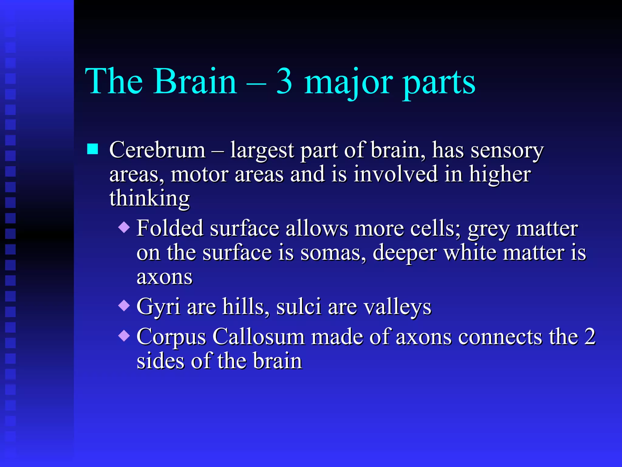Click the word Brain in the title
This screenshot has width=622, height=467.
[x=195, y=81]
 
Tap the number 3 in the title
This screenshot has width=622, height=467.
[x=284, y=81]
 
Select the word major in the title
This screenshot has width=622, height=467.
[x=348, y=83]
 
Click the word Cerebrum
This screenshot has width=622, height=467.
[x=157, y=150]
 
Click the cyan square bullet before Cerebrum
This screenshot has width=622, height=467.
[x=93, y=149]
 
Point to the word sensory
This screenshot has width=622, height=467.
[x=507, y=151]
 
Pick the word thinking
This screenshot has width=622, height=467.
[x=149, y=199]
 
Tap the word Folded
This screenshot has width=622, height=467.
[x=169, y=228]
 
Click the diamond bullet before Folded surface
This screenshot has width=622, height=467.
[x=124, y=227]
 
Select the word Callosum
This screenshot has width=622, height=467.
[x=258, y=337]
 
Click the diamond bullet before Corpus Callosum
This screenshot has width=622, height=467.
[x=124, y=336]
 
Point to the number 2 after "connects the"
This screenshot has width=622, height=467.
[x=590, y=337]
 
